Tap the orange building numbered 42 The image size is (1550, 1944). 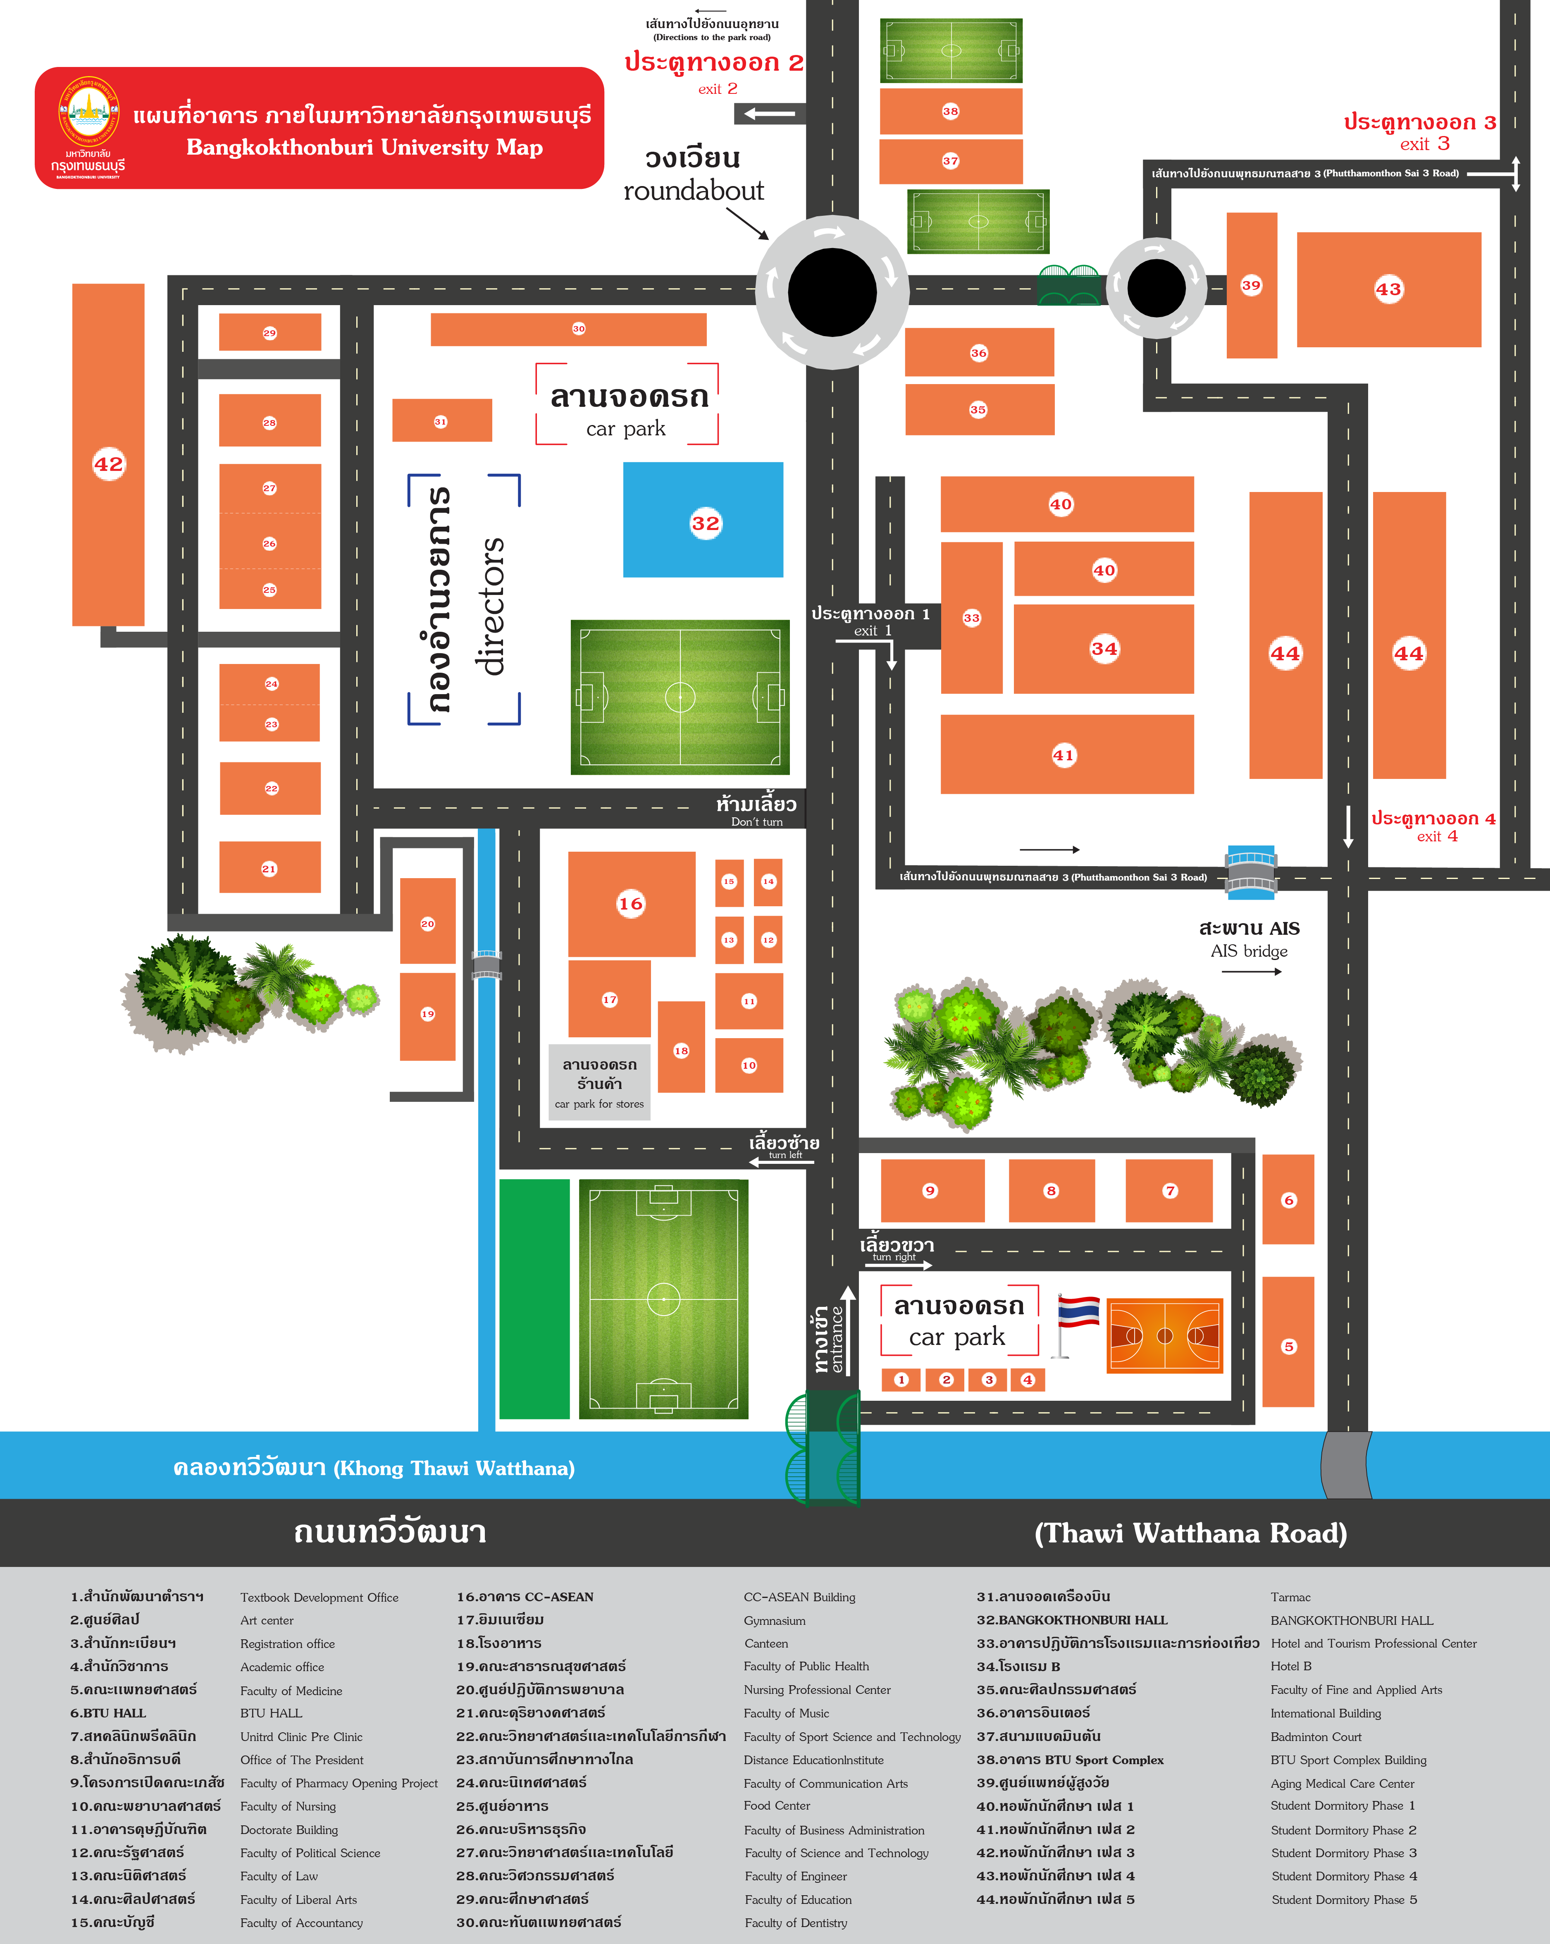(x=108, y=454)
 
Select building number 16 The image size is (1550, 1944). (x=631, y=903)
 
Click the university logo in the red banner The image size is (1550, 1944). (x=88, y=113)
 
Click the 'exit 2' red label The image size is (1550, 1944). (x=718, y=88)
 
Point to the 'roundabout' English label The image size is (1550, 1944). (x=694, y=190)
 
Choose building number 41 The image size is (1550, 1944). (x=1067, y=755)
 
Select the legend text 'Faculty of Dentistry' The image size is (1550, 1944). (x=796, y=1923)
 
